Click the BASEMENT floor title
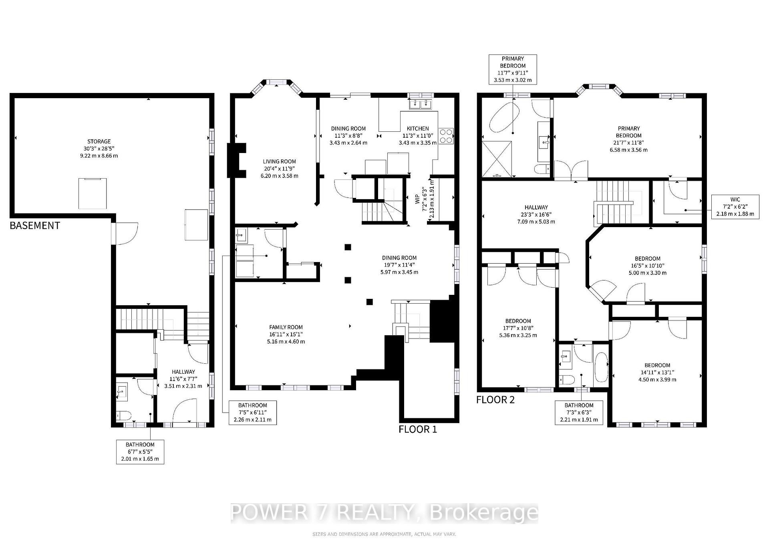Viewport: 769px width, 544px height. coord(35,226)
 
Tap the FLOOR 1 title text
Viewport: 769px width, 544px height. coord(417,429)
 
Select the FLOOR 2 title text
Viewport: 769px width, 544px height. coord(495,400)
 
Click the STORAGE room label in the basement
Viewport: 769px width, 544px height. coord(99,148)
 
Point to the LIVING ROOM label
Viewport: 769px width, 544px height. coord(280,169)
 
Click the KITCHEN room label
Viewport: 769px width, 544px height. coord(418,135)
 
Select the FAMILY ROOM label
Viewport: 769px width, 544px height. coord(286,334)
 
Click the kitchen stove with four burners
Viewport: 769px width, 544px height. coord(446,136)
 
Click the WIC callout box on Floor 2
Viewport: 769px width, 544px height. coord(735,206)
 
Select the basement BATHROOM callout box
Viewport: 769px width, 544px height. coord(140,451)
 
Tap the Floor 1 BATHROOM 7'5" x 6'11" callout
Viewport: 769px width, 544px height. coord(252,413)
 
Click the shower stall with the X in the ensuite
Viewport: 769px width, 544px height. coord(497,159)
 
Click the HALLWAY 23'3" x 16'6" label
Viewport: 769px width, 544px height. coord(536,214)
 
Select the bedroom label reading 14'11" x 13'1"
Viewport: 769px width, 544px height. coord(657,372)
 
